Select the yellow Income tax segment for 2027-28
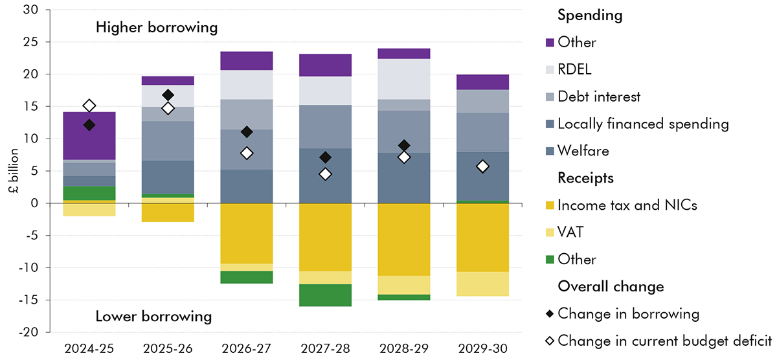pyautogui.click(x=326, y=237)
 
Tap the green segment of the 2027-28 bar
pyautogui.click(x=326, y=295)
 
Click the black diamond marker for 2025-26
pyautogui.click(x=168, y=95)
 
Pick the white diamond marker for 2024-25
pyautogui.click(x=89, y=106)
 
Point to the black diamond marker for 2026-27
pyautogui.click(x=247, y=132)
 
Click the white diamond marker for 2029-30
pyautogui.click(x=482, y=166)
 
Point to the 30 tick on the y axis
pyautogui.click(x=32, y=10)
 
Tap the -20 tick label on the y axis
pyautogui.click(x=30, y=332)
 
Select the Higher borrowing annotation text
pyautogui.click(x=156, y=28)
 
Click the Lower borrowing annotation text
pyautogui.click(x=153, y=317)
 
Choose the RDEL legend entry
pyautogui.click(x=574, y=69)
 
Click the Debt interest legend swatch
pyautogui.click(x=550, y=96)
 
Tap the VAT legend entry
pyautogui.click(x=571, y=232)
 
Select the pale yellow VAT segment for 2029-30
pyautogui.click(x=482, y=284)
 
